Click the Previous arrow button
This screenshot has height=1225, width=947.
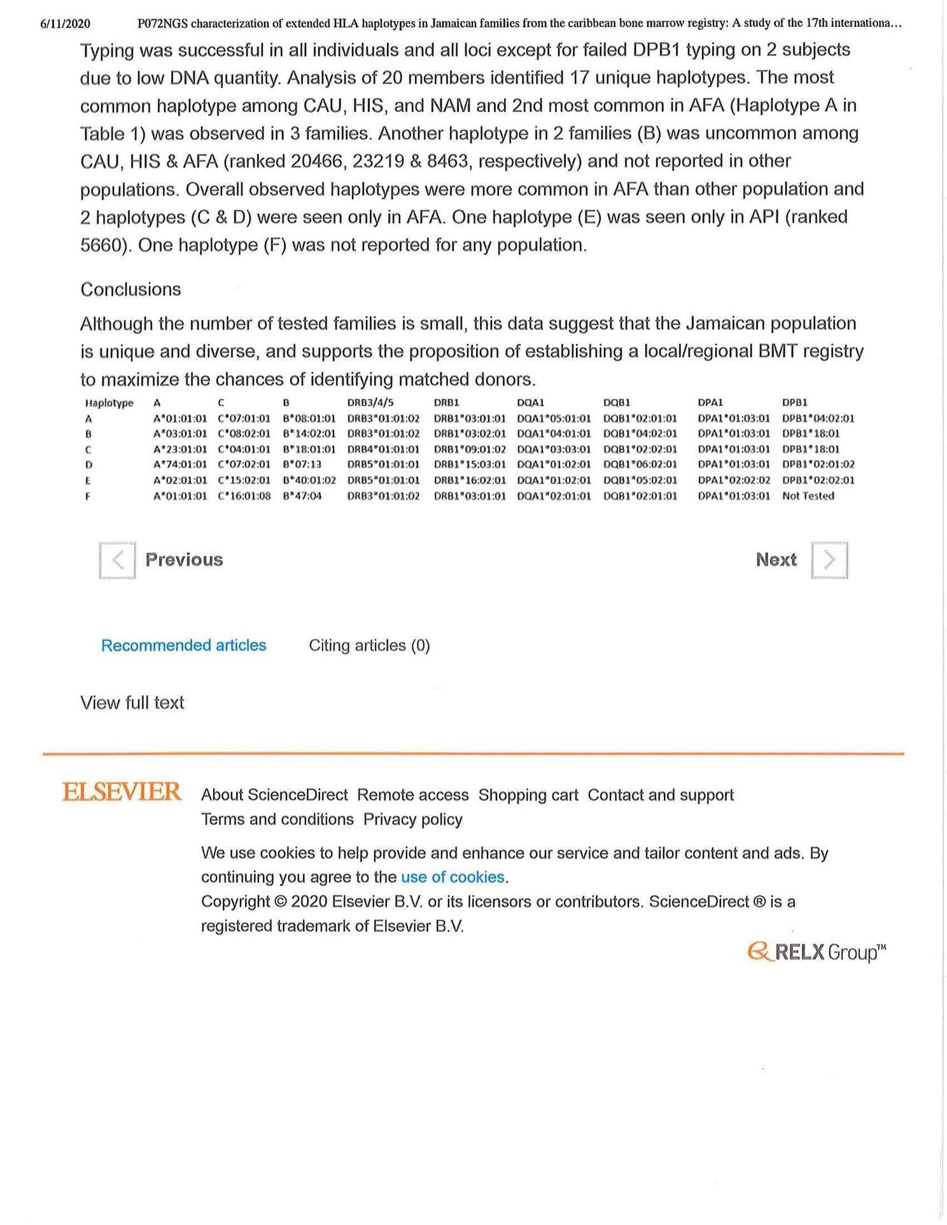117,560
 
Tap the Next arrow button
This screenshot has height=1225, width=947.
829,560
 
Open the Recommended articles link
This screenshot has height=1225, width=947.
183,645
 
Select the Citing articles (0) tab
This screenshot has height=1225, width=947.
369,645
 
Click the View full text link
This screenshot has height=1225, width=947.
132,703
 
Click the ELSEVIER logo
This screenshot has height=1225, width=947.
122,792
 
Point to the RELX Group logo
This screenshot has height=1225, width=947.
817,953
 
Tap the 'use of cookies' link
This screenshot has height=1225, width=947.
453,877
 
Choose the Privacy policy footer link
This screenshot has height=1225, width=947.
412,819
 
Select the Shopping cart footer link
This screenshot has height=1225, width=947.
528,795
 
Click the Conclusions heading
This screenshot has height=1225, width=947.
130,290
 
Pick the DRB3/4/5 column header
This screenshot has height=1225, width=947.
370,402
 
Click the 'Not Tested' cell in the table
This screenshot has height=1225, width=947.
808,496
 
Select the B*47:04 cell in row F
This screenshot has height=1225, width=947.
302,496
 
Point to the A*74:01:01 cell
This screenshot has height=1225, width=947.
180,465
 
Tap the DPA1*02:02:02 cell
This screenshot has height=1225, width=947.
733,480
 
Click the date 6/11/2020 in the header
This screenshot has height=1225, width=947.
65,24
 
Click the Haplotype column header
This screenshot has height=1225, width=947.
109,403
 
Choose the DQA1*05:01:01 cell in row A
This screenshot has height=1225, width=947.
554,418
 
